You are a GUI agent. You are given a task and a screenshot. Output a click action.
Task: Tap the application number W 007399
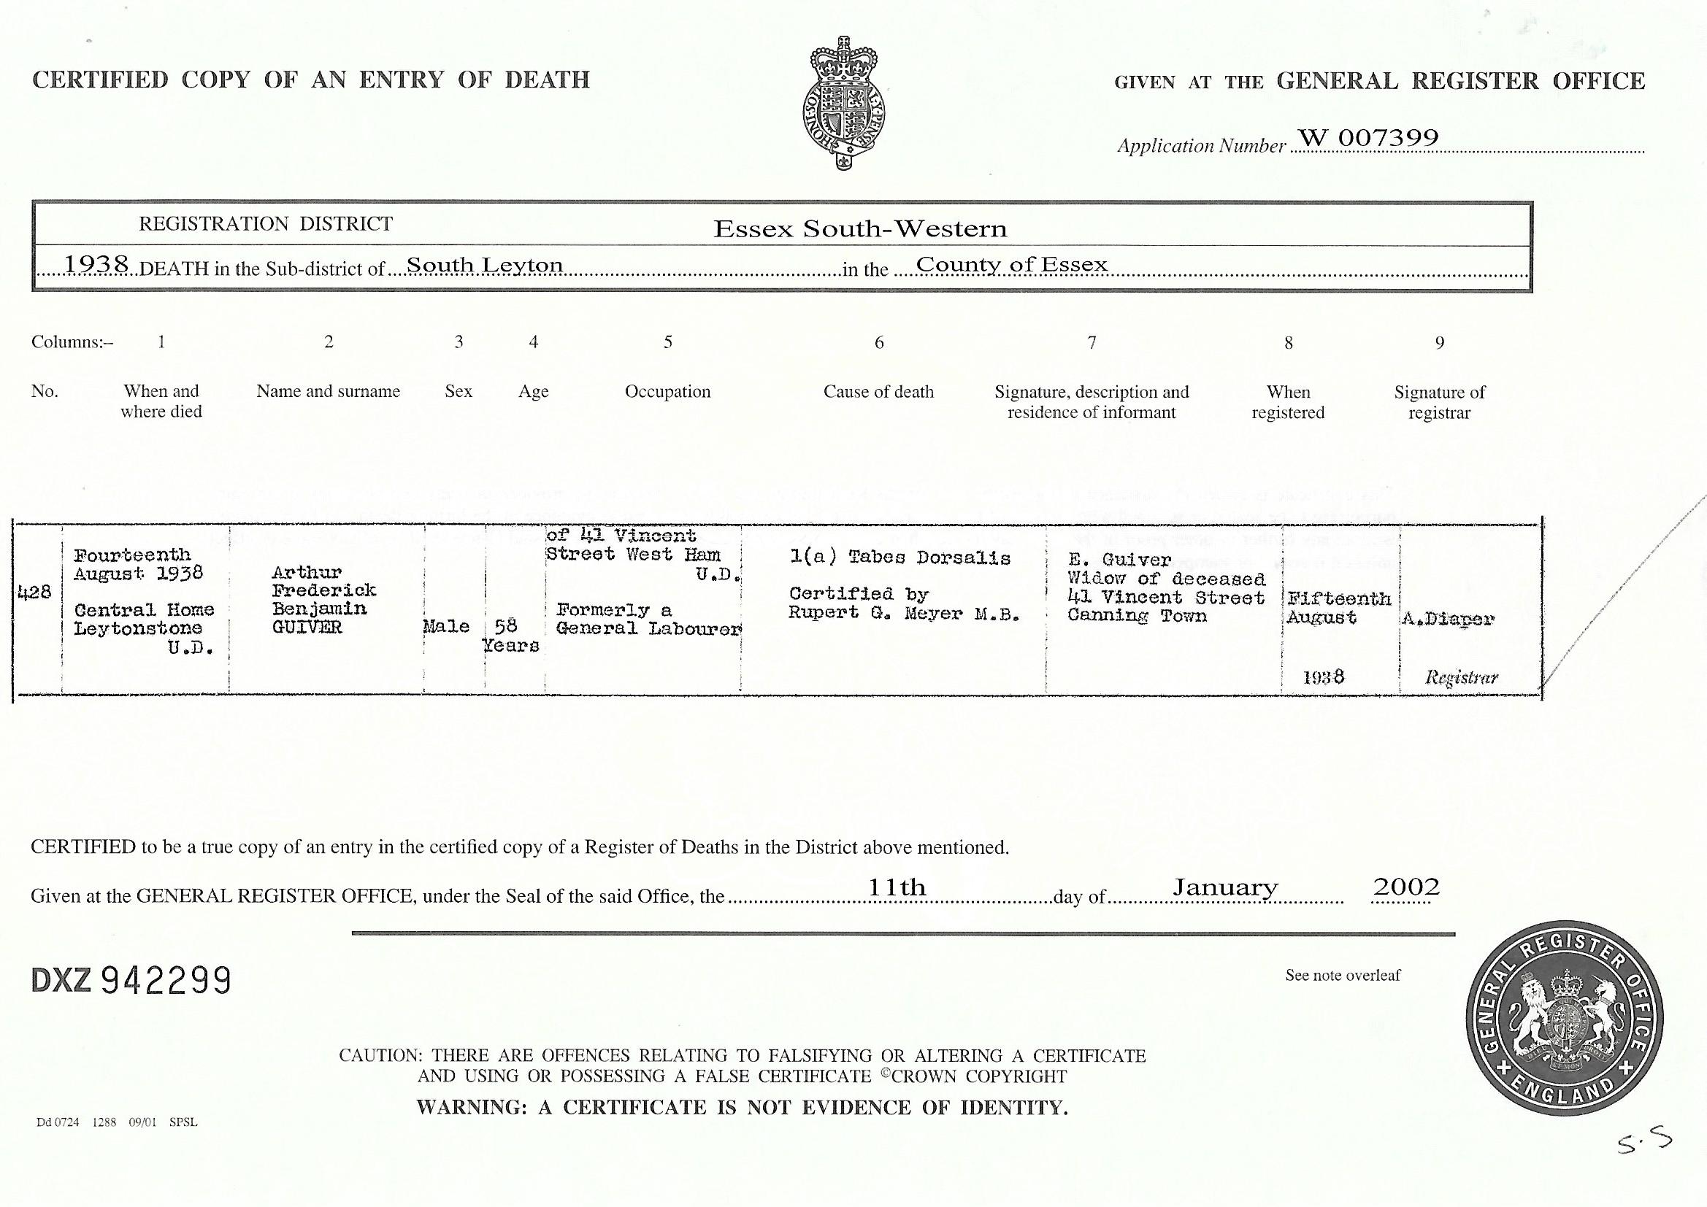(1368, 137)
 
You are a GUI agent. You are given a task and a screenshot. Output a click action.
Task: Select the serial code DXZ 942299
(131, 981)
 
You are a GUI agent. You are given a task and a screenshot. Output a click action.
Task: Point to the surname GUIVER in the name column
(307, 628)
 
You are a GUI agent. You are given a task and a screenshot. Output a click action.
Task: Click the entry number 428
(34, 593)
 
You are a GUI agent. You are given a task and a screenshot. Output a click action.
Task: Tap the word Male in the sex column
(446, 627)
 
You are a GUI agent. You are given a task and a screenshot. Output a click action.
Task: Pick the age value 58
(505, 627)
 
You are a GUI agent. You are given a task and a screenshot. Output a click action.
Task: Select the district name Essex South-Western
(860, 229)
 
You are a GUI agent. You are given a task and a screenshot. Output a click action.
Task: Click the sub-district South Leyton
(484, 265)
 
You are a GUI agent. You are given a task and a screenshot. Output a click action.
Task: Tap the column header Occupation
(667, 392)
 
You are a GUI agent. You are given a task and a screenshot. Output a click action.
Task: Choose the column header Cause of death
(878, 392)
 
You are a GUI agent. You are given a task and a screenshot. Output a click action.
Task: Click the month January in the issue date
(1224, 887)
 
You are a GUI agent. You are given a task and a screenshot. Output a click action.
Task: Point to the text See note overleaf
(1342, 976)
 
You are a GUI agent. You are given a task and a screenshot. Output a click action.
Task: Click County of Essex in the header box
(1012, 265)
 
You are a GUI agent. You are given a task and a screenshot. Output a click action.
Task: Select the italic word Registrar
(1461, 677)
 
